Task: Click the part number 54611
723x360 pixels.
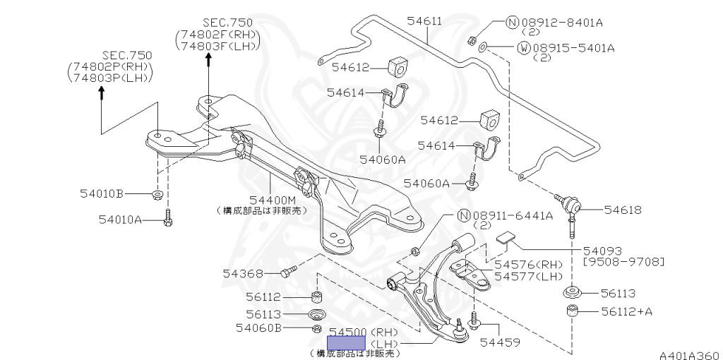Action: (424, 21)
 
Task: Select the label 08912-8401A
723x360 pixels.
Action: (561, 23)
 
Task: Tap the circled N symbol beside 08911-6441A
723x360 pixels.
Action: (464, 216)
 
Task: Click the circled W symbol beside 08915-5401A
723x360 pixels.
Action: (523, 48)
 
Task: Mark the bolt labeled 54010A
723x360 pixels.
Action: (167, 220)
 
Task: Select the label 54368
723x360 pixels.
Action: (244, 273)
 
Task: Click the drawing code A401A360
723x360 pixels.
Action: (690, 354)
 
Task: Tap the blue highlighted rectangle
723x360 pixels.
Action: (345, 343)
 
